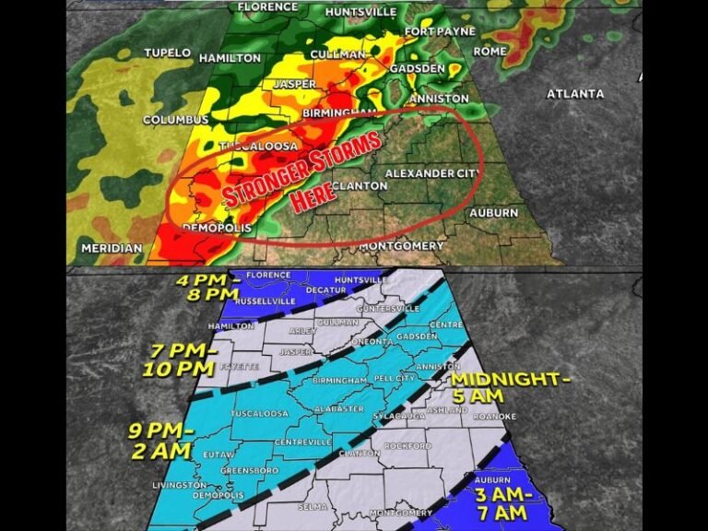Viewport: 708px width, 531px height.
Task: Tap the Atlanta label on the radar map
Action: click(x=575, y=93)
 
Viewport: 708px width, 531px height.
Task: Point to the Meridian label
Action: click(x=112, y=248)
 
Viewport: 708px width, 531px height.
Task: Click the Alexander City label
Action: click(x=432, y=173)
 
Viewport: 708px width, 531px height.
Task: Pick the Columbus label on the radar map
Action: click(x=176, y=120)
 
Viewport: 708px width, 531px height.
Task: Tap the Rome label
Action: click(x=490, y=51)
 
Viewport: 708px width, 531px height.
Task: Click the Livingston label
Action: click(x=179, y=485)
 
